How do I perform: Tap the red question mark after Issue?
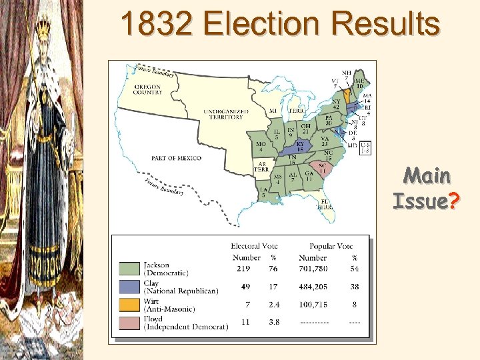tap(455, 200)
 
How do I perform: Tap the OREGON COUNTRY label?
tap(148, 89)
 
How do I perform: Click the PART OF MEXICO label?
tap(177, 158)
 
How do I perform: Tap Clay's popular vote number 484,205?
tap(313, 287)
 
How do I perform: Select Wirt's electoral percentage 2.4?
tap(273, 305)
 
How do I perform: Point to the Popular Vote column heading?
tap(331, 247)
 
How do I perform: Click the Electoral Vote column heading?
tap(254, 247)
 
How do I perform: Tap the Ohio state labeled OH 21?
tap(305, 128)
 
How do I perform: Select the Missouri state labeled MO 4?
tap(261, 147)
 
